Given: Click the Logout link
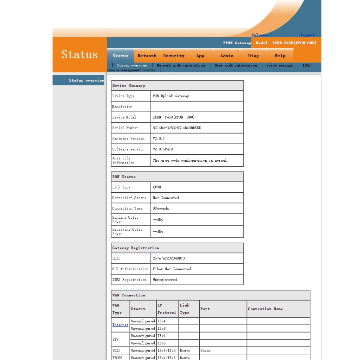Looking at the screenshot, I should (x=308, y=35).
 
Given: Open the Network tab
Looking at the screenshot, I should (x=147, y=56).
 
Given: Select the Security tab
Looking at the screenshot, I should (x=174, y=56).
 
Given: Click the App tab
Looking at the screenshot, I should (x=200, y=56).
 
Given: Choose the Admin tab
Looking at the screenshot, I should (x=227, y=56).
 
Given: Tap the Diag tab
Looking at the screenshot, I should (x=253, y=56).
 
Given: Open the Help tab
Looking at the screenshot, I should (x=280, y=56).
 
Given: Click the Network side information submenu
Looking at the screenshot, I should (x=181, y=65).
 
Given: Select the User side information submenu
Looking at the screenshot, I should (x=236, y=65).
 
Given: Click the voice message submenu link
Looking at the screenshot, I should (x=279, y=65).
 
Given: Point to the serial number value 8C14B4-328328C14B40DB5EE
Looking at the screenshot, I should (x=177, y=128).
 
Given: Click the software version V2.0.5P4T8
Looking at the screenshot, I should (x=163, y=149).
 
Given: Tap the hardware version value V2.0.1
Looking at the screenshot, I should (x=159, y=139).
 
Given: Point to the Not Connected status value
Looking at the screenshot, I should (x=166, y=198).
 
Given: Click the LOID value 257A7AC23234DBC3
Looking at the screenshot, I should (x=169, y=258).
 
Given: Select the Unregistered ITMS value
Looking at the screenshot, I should (x=165, y=280).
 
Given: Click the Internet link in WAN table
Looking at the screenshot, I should (x=120, y=325).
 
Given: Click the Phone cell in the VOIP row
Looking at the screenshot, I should (x=205, y=351).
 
